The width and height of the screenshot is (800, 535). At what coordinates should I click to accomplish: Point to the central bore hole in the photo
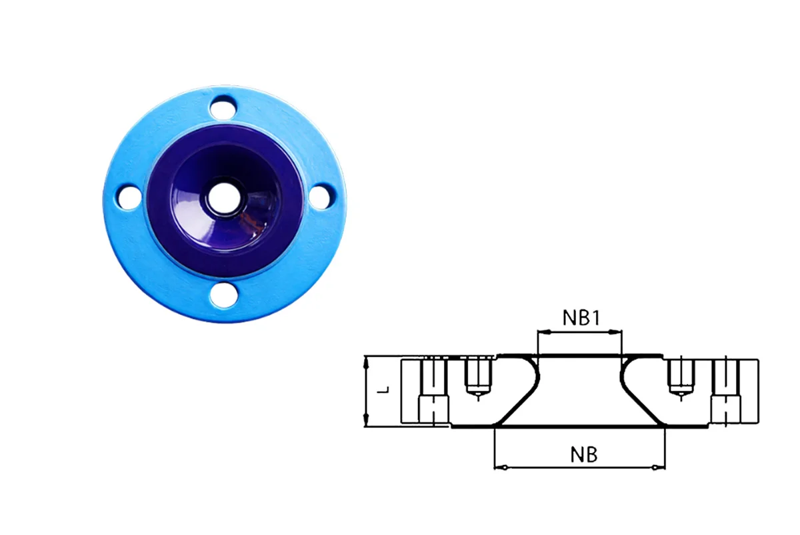click(222, 197)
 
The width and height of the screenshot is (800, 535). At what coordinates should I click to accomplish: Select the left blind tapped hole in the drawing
click(477, 376)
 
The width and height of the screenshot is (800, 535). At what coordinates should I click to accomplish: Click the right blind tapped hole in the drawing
click(681, 376)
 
